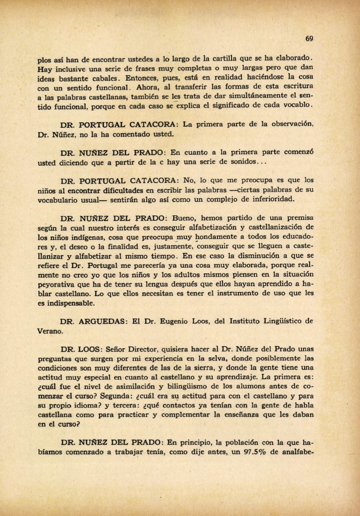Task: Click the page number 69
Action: click(309, 39)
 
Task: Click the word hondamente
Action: click(214, 237)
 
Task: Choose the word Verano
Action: click(50, 331)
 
